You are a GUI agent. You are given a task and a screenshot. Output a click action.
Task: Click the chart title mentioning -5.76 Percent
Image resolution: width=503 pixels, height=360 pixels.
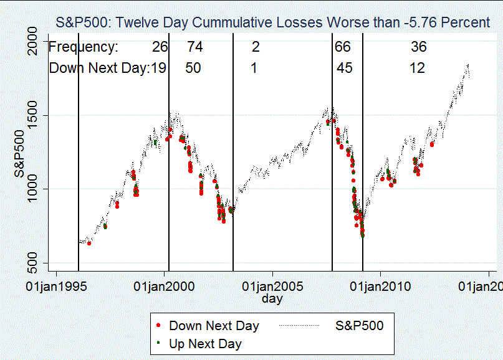pyautogui.click(x=272, y=22)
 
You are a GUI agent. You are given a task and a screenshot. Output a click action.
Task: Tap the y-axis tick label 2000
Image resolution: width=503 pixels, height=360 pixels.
pyautogui.click(x=32, y=41)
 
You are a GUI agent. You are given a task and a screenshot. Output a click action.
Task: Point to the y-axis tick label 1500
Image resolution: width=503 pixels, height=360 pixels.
pyautogui.click(x=32, y=115)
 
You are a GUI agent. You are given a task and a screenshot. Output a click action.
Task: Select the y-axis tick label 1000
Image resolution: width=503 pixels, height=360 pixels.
pyautogui.click(x=32, y=189)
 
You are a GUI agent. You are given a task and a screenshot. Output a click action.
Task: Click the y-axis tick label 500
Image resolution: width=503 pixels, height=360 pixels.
pyautogui.click(x=32, y=263)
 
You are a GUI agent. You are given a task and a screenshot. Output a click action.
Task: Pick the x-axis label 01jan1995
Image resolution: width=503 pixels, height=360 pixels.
pyautogui.click(x=56, y=287)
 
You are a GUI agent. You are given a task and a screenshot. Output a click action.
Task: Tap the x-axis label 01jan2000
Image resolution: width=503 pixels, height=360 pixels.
pyautogui.click(x=164, y=287)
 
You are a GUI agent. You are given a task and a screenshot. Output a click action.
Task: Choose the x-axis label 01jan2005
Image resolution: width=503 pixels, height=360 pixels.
pyautogui.click(x=272, y=287)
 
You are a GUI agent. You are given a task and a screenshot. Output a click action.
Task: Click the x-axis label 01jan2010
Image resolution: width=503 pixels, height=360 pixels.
pyautogui.click(x=380, y=287)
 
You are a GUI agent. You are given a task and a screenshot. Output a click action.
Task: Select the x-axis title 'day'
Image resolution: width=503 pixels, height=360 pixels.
pyautogui.click(x=272, y=299)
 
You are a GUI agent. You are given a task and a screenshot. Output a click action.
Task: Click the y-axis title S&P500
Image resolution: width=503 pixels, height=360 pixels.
pyautogui.click(x=19, y=154)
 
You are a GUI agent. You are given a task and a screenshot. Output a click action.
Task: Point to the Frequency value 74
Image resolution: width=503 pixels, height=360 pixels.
pyautogui.click(x=195, y=47)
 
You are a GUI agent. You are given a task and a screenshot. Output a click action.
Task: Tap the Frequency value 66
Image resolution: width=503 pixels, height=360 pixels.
pyautogui.click(x=343, y=47)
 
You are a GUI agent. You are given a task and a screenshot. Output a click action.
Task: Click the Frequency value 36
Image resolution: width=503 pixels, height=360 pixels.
pyautogui.click(x=419, y=47)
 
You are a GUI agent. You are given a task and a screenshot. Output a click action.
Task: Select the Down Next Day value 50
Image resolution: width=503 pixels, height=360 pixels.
pyautogui.click(x=193, y=68)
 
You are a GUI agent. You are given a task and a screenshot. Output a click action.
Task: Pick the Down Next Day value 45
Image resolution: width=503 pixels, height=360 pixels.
pyautogui.click(x=345, y=68)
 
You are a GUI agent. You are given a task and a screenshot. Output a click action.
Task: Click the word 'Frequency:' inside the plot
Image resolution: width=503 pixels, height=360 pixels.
pyautogui.click(x=84, y=47)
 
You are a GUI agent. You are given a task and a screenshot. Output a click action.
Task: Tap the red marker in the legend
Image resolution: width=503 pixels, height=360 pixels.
pyautogui.click(x=158, y=325)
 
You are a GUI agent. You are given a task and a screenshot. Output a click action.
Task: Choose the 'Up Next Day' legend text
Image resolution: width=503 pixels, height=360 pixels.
pyautogui.click(x=205, y=344)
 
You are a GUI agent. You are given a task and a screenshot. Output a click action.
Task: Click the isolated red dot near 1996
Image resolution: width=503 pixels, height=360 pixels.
pyautogui.click(x=89, y=244)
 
